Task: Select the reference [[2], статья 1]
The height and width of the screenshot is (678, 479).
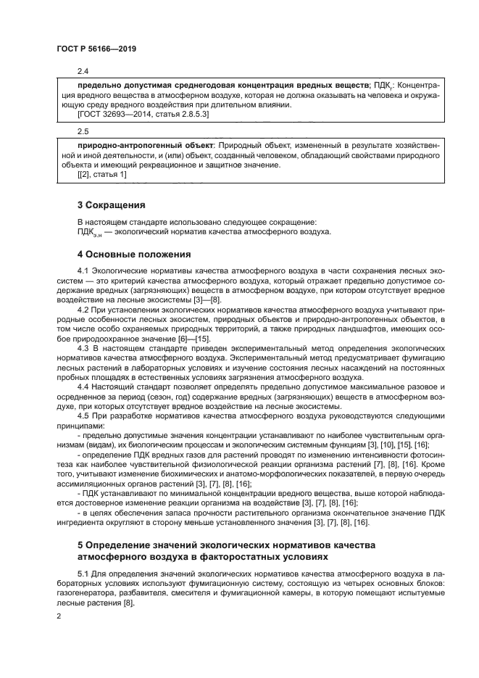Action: coord(102,174)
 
